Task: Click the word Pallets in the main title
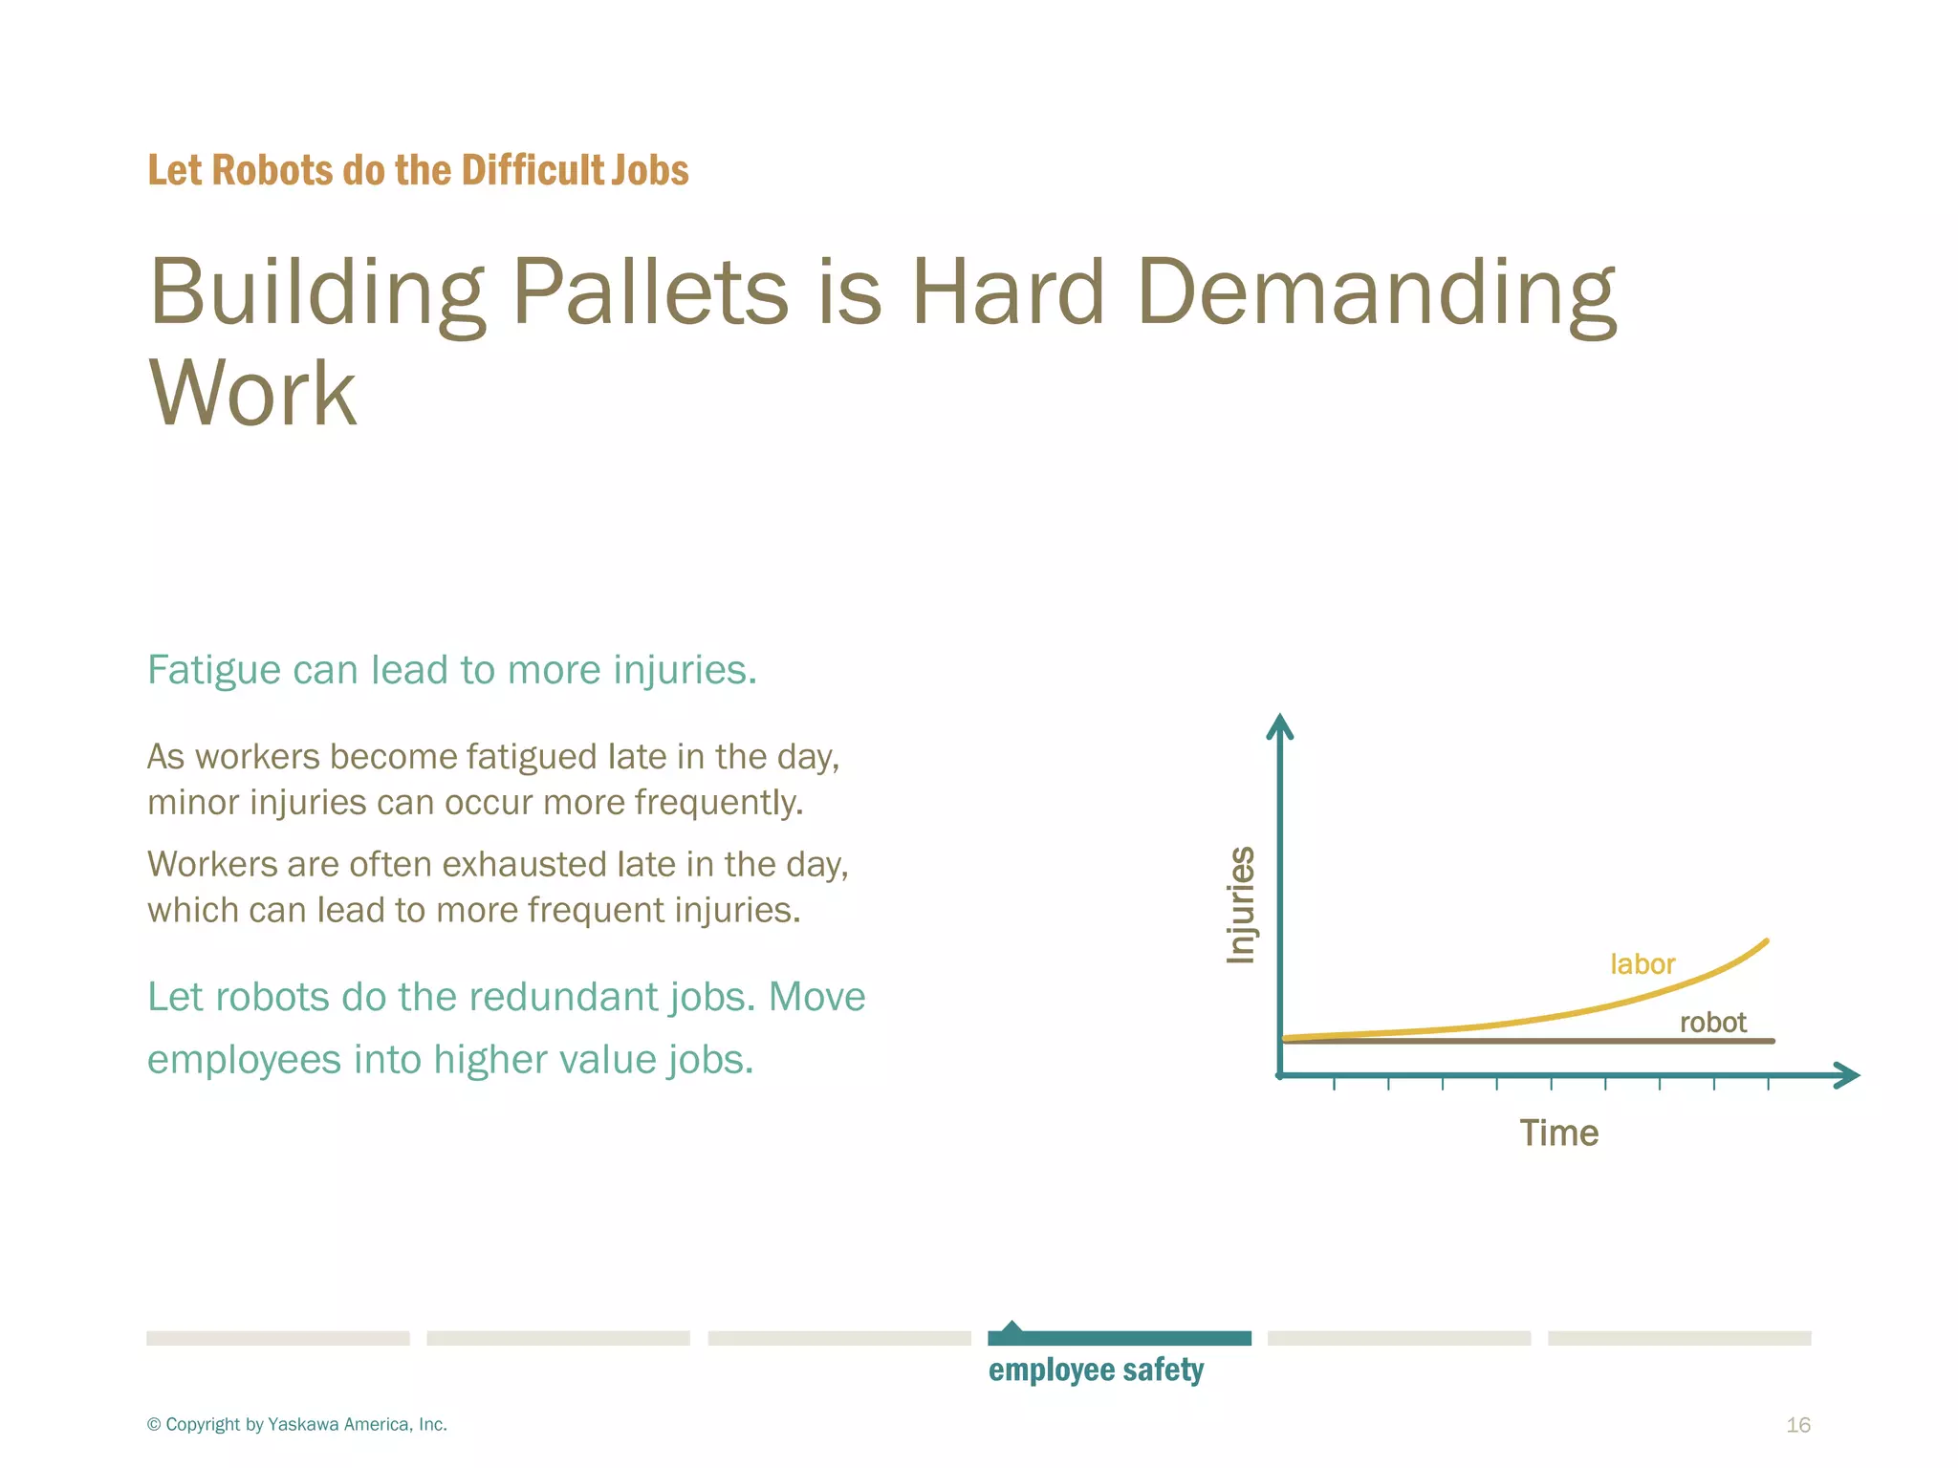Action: (649, 291)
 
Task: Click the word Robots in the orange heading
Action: (271, 170)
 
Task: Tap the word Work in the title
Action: (252, 393)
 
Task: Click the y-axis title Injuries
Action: (1241, 904)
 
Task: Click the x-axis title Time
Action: (1558, 1133)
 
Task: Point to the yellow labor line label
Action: (1642, 964)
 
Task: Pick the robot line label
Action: (1712, 1023)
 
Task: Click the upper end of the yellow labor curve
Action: (1765, 942)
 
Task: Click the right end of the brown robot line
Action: (1772, 1041)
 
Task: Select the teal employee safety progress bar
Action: (1120, 1338)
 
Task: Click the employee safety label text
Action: (1096, 1371)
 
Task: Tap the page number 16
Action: (1797, 1425)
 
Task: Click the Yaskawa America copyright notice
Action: (297, 1425)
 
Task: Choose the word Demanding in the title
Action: (1377, 291)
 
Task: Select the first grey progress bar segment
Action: (278, 1338)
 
